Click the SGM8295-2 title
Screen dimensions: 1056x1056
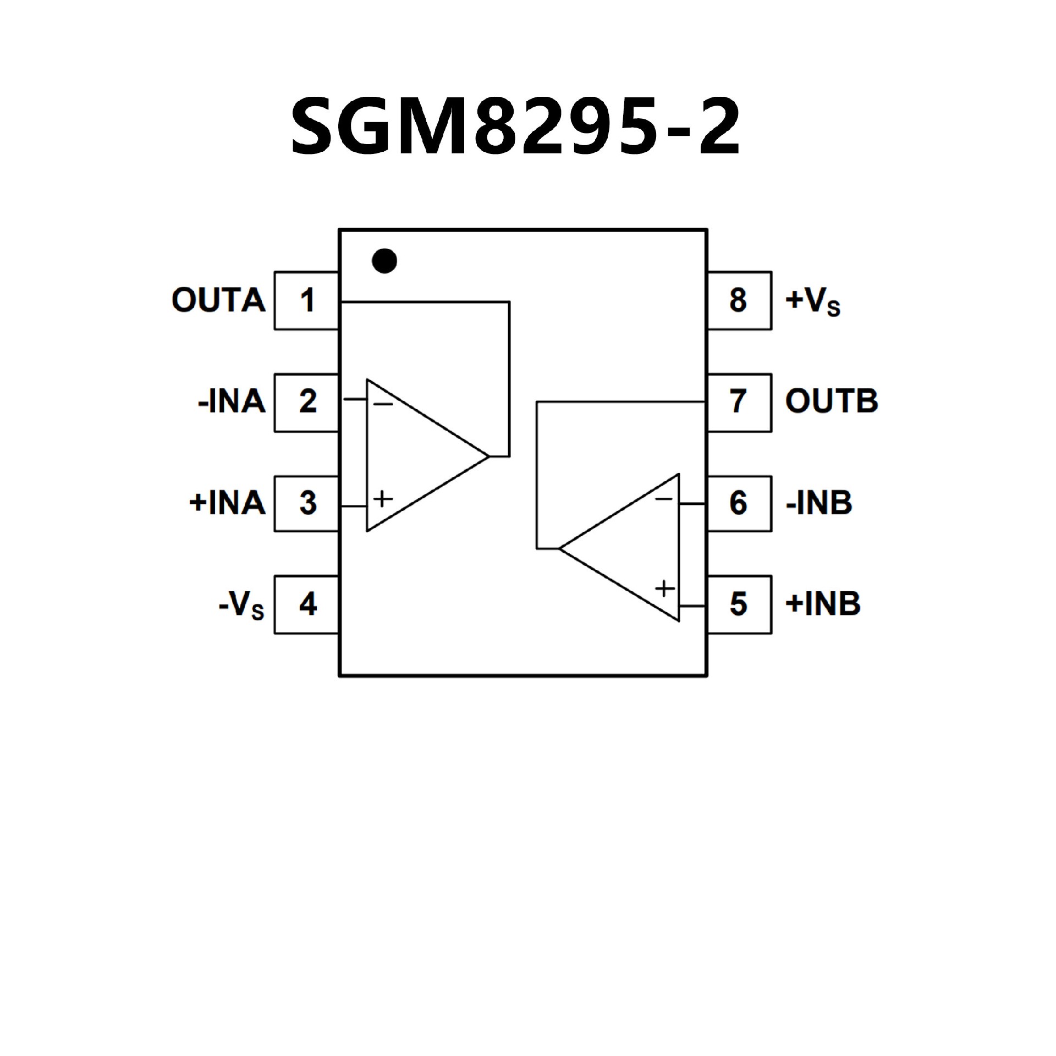coord(516,126)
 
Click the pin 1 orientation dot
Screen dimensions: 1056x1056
coord(384,260)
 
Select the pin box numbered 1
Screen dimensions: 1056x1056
coord(306,300)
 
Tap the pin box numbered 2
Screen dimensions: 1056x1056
coord(306,402)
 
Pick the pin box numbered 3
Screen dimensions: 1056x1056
coord(306,503)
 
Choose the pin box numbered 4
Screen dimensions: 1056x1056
coord(306,604)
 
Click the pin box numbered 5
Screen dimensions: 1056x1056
coord(739,604)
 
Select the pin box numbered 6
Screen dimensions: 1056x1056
coord(739,503)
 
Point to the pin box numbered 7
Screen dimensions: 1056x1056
coord(739,402)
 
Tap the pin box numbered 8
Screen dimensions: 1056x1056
coord(739,300)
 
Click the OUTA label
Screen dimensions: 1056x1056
coord(218,300)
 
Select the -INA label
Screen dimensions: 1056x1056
coord(232,402)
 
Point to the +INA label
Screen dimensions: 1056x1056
coord(227,503)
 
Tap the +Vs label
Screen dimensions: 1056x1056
coord(813,301)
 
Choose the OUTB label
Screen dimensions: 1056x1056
coord(831,402)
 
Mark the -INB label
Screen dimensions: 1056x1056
coord(819,503)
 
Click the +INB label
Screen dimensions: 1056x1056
coord(823,604)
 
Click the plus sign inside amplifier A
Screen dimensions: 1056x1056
coord(383,499)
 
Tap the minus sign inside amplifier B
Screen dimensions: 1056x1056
coord(664,499)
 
